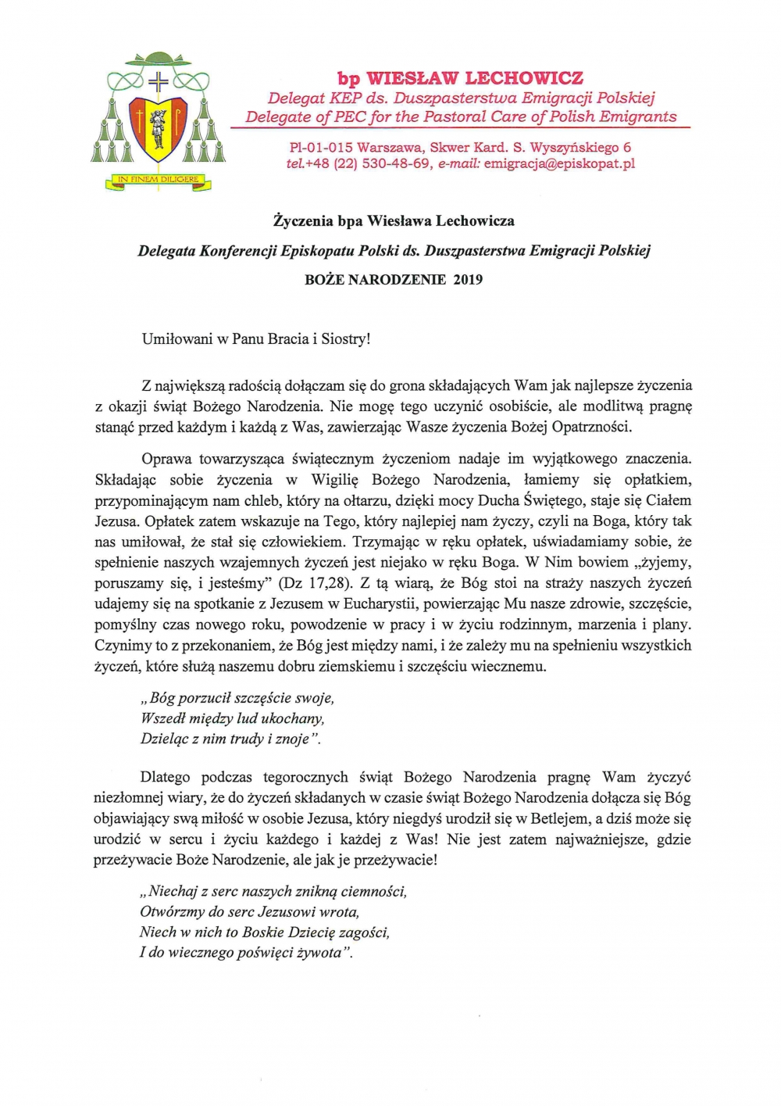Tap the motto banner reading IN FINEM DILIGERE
[158, 180]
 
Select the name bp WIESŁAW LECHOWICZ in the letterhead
[460, 78]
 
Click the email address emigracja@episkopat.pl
[559, 163]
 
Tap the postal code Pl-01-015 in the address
[321, 147]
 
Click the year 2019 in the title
[468, 279]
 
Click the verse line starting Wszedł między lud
[232, 718]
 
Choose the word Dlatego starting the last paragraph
[166, 777]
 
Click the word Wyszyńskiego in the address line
[571, 147]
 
